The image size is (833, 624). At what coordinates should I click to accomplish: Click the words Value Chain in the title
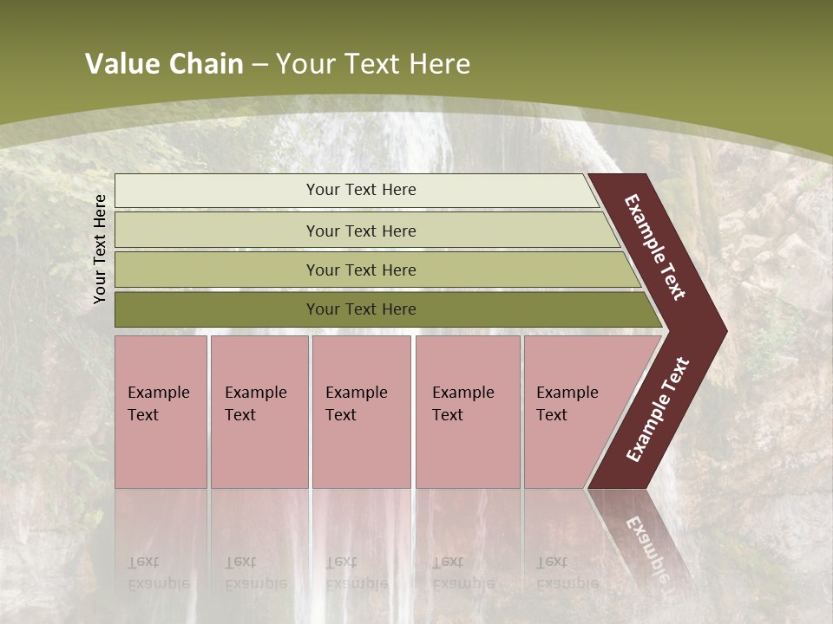(164, 64)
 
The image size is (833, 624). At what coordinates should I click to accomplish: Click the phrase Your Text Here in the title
(373, 64)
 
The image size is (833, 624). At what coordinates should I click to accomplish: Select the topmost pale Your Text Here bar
(360, 190)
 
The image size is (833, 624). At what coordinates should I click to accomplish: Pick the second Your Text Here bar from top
(360, 231)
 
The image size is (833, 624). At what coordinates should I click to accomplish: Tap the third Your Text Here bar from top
(360, 270)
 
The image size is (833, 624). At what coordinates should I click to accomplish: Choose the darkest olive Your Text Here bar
(360, 309)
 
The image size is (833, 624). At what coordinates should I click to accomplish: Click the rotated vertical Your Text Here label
(100, 249)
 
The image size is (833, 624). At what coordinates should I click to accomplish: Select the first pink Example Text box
(161, 411)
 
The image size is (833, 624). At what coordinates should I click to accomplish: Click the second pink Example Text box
(259, 411)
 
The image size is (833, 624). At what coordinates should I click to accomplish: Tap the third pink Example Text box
(361, 411)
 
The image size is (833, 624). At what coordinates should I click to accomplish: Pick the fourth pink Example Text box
(467, 411)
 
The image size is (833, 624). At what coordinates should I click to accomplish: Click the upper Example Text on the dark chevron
(656, 247)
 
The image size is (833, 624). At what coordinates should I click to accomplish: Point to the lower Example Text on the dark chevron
(658, 409)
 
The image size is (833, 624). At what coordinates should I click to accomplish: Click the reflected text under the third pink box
(357, 573)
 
